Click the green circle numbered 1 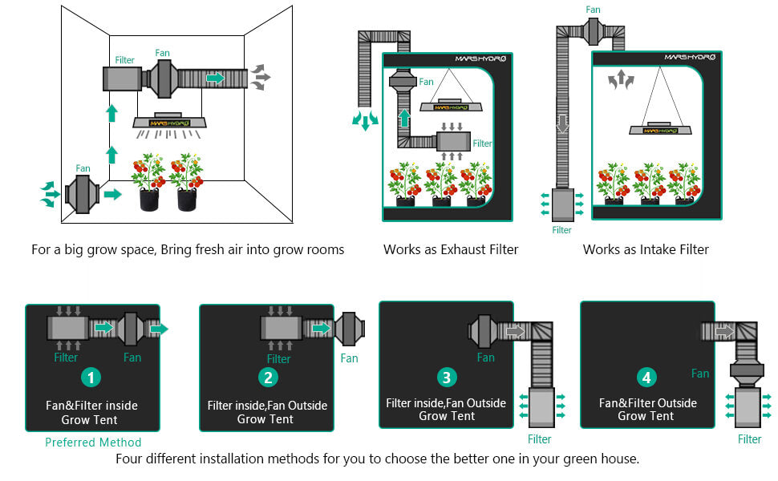point(92,377)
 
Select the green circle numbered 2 point(269,377)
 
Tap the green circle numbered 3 point(447,377)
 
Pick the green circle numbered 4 point(646,377)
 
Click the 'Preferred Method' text point(93,443)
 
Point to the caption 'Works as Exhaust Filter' point(451,249)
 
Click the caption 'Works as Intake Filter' point(646,249)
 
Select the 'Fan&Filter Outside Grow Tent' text point(646,409)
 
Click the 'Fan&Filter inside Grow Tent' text point(92,412)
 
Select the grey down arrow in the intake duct point(563,124)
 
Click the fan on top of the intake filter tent point(594,30)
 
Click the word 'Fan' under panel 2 point(350,358)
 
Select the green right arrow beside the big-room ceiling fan point(215,78)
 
